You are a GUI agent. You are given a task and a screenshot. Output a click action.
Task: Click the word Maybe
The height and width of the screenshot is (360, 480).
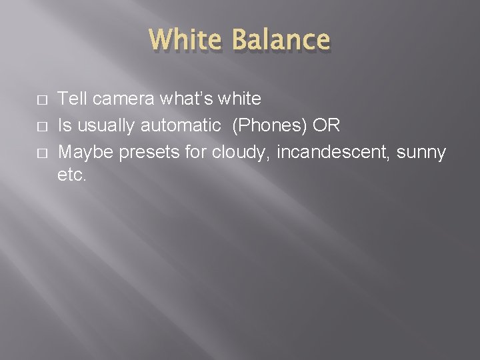pos(85,153)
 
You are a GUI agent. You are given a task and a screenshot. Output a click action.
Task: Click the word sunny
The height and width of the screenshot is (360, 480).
pos(421,153)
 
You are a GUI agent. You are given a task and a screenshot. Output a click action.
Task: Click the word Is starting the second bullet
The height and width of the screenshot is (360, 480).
pos(64,126)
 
